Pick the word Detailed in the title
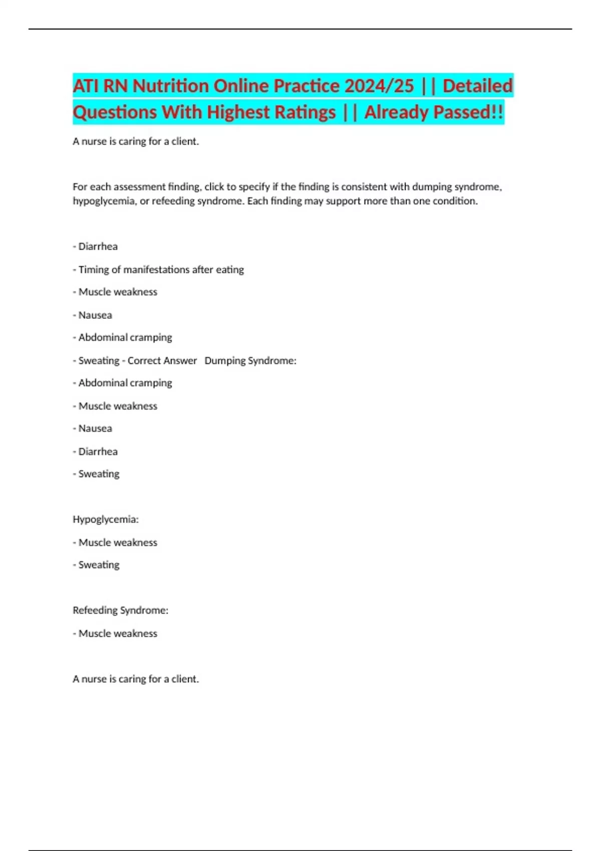point(478,86)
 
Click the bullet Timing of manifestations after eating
point(161,269)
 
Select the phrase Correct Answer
point(162,360)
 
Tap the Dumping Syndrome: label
point(250,360)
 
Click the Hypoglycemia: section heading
point(106,519)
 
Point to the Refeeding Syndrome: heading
point(121,610)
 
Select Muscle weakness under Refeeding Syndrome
point(118,633)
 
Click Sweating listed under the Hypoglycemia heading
point(99,565)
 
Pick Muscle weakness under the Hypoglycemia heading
point(118,542)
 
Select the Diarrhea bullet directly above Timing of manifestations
point(98,246)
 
